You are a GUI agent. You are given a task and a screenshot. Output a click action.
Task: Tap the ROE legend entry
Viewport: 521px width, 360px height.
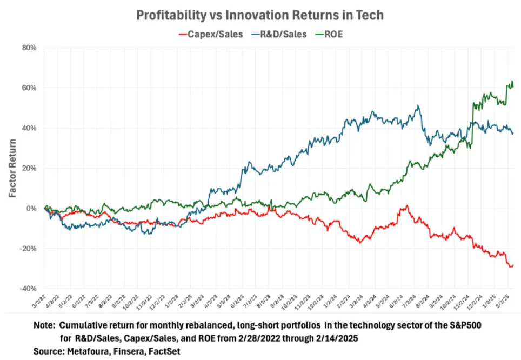click(333, 34)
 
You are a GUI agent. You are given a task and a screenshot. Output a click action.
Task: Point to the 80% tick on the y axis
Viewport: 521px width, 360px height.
click(29, 48)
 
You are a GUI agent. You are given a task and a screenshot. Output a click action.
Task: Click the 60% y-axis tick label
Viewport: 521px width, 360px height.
click(29, 88)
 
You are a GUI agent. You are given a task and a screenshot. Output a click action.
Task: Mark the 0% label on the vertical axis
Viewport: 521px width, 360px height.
click(31, 209)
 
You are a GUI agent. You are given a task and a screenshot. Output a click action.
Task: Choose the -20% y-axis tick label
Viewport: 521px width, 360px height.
click(27, 249)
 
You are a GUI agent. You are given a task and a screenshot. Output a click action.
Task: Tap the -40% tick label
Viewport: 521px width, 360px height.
click(27, 289)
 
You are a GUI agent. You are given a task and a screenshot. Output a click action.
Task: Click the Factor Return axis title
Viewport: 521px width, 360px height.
click(12, 168)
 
